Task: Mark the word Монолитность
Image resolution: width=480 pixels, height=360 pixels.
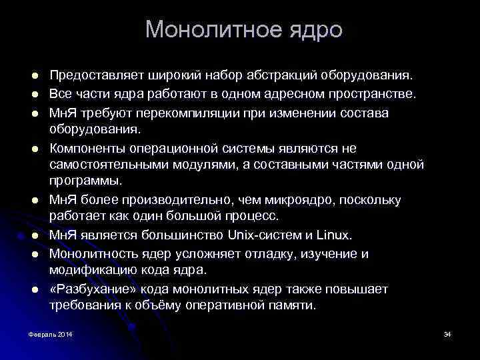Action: click(x=94, y=253)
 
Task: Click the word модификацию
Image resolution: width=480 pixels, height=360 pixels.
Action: click(x=91, y=270)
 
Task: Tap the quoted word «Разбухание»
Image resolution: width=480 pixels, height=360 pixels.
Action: click(x=90, y=288)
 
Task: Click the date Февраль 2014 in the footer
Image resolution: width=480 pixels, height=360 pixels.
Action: click(x=51, y=333)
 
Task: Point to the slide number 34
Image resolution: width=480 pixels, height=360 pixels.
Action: click(x=447, y=333)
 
